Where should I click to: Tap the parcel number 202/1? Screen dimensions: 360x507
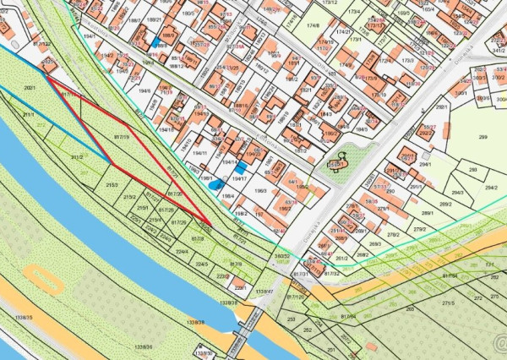point(31,87)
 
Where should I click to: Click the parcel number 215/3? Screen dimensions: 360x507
point(112,184)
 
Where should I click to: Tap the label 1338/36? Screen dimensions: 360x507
point(143,346)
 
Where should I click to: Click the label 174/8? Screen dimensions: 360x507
point(313,26)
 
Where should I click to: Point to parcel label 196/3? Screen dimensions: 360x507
point(259,191)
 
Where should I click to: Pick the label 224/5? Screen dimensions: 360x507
point(202,265)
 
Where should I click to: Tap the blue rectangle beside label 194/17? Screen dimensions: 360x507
point(242,167)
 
